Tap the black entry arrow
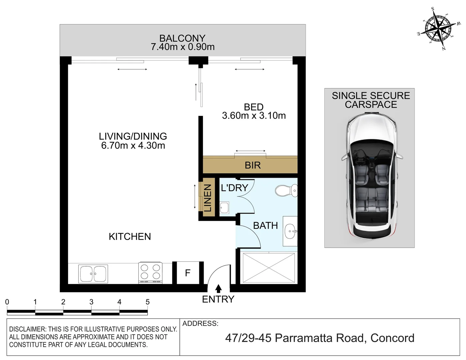(218, 289)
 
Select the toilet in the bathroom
(286, 190)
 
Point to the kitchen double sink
(93, 274)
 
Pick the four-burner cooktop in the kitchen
(150, 272)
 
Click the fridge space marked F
(188, 273)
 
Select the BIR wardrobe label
(253, 165)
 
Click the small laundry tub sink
(224, 208)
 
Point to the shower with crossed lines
(269, 268)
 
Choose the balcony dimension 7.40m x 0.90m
(183, 47)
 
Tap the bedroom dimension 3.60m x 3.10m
(254, 116)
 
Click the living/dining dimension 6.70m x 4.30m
(133, 146)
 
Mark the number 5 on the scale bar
(148, 302)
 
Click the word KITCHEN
(130, 237)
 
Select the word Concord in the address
(392, 338)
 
